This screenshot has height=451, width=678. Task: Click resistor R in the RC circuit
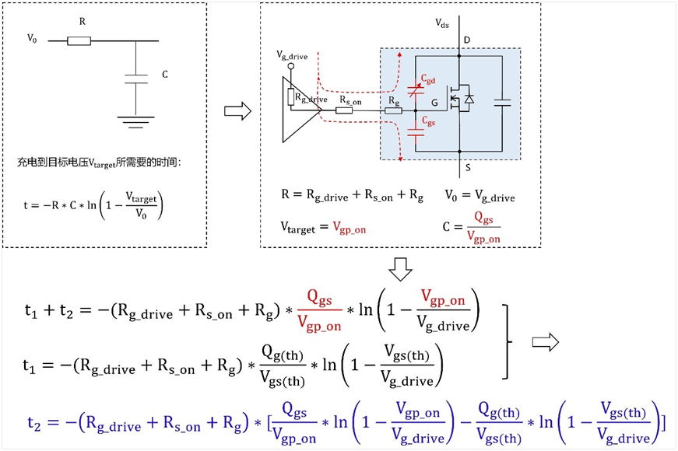tap(79, 40)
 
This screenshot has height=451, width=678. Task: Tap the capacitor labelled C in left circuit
tap(135, 78)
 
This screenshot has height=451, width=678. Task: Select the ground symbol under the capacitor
tap(135, 120)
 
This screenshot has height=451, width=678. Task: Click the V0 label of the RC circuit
tap(32, 37)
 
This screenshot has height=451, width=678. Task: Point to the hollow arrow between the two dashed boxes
tap(237, 111)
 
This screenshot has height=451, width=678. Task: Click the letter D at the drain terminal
tap(466, 39)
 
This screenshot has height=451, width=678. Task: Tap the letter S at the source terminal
tap(466, 166)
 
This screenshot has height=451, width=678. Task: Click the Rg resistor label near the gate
tap(395, 100)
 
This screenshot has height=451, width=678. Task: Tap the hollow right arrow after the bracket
tap(545, 341)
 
